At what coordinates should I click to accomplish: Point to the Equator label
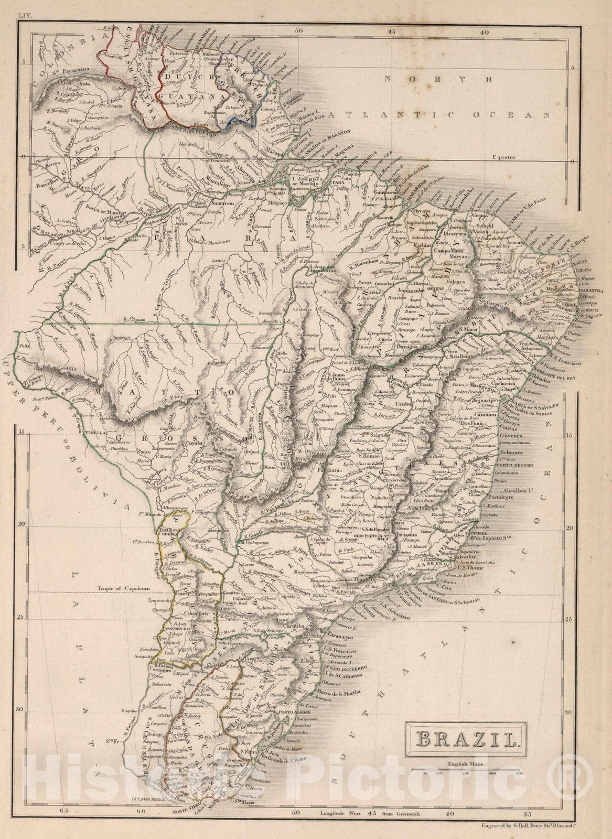tap(501, 157)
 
